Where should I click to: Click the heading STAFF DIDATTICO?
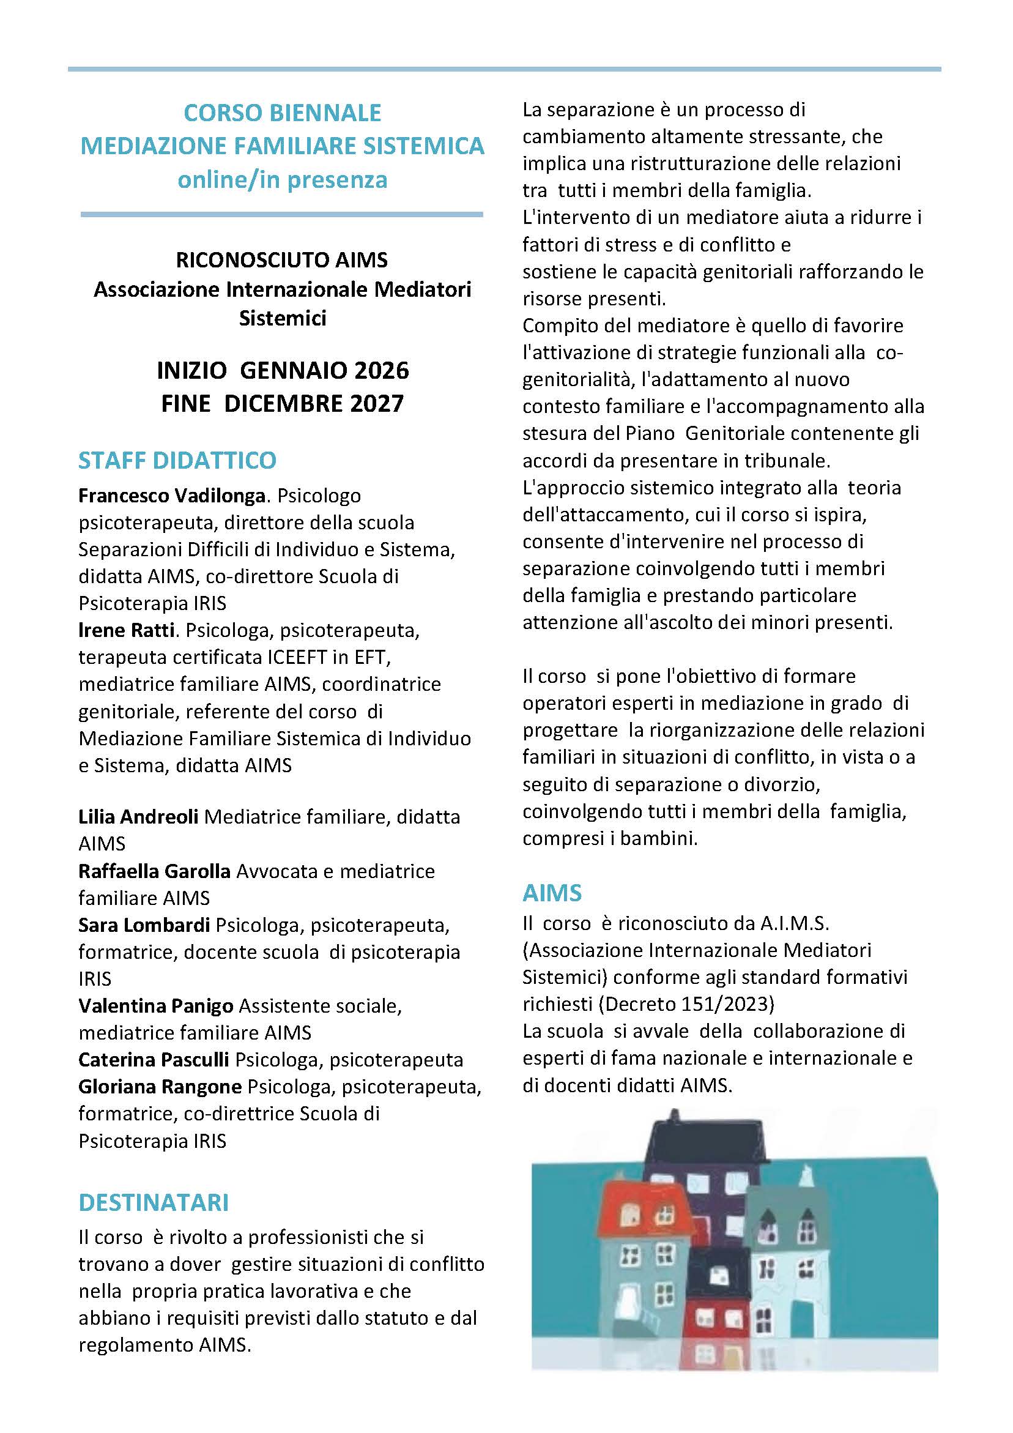click(177, 460)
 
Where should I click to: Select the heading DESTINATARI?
click(154, 1202)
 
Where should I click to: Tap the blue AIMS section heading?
click(552, 893)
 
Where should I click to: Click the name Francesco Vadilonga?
click(173, 496)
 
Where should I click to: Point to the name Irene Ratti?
click(126, 630)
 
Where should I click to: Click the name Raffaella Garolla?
click(154, 871)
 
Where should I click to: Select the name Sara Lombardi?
click(144, 925)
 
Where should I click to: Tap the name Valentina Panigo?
click(156, 1005)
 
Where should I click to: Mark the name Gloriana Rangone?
click(160, 1087)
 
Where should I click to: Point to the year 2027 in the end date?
click(376, 404)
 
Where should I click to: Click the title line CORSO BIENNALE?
click(282, 113)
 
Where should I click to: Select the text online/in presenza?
click(282, 180)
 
